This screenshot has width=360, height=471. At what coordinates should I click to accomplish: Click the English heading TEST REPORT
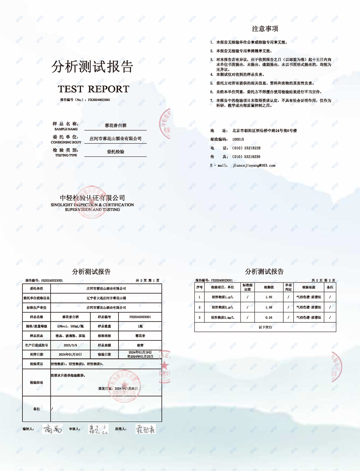(94, 89)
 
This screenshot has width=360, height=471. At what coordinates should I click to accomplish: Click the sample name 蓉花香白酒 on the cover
(115, 126)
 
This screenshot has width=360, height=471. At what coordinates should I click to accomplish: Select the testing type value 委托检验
(115, 152)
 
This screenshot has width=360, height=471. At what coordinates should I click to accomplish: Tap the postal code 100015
(238, 139)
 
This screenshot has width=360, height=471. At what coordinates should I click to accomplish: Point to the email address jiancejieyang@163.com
(254, 166)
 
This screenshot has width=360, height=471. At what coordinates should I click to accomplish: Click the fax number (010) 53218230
(246, 157)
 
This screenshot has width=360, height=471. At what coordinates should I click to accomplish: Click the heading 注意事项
(265, 29)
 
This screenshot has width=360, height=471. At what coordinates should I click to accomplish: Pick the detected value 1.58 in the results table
(269, 307)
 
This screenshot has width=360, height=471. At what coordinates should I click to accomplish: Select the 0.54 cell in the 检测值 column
(269, 317)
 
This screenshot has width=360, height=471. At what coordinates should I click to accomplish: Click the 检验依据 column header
(309, 287)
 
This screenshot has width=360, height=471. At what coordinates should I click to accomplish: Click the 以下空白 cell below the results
(265, 327)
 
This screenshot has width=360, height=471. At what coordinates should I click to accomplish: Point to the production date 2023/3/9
(70, 345)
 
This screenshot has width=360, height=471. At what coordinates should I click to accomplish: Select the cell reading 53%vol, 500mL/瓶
(70, 326)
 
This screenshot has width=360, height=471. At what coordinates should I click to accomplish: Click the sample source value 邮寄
(140, 345)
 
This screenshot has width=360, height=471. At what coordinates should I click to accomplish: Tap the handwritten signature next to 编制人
(53, 429)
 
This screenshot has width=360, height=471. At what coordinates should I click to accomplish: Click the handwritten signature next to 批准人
(145, 429)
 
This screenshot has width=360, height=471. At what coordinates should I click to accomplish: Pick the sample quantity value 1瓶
(140, 326)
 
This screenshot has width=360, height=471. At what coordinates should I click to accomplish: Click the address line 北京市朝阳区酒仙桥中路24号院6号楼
(264, 131)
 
